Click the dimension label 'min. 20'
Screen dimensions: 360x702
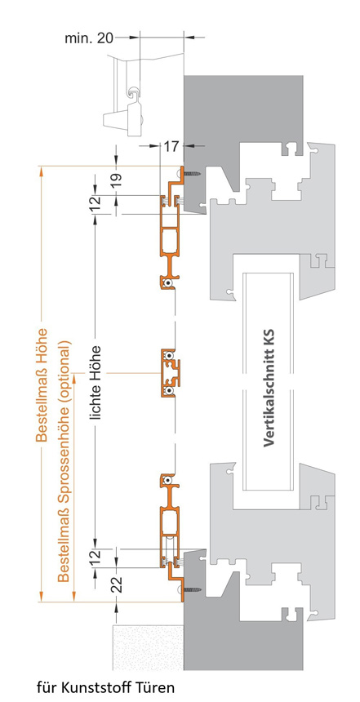click(x=89, y=38)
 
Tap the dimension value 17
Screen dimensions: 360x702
click(x=171, y=146)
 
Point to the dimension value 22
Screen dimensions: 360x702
click(x=117, y=584)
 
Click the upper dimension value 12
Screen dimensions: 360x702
click(x=95, y=204)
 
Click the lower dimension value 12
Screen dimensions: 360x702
click(x=95, y=558)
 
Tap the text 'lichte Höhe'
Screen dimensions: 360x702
click(x=95, y=382)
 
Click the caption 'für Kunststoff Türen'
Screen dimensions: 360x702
click(x=105, y=686)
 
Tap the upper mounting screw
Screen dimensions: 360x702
click(x=193, y=174)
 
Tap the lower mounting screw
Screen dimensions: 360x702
click(x=193, y=589)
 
